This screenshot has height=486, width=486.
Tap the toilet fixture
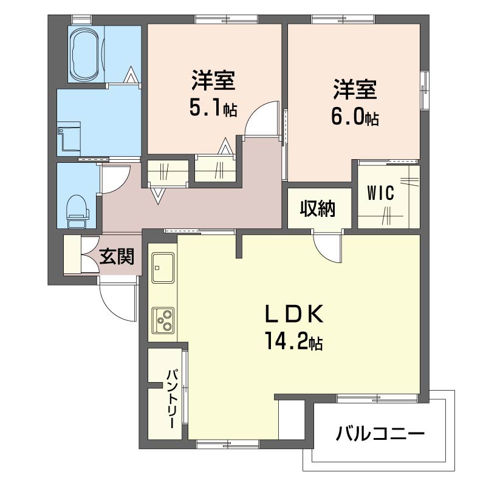(77, 210)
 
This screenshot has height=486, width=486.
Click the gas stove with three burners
(163, 318)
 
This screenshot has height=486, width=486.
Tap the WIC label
(381, 193)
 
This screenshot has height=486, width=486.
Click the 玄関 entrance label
(117, 258)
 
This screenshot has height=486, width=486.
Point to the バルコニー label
(380, 434)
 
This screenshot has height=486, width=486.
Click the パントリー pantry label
(171, 397)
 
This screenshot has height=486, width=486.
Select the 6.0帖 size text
(355, 117)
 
